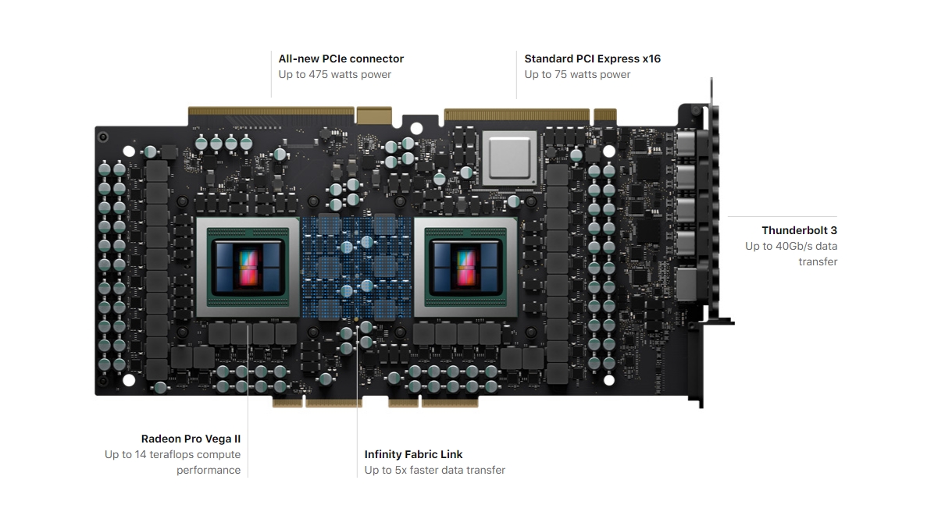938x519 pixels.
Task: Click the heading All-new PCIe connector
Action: [341, 59]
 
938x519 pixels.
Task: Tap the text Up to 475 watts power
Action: [334, 75]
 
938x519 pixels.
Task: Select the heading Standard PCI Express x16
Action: [592, 59]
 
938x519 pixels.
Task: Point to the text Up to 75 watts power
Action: [577, 75]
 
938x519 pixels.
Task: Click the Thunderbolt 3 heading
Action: [799, 230]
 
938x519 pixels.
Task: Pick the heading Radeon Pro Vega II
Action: [191, 439]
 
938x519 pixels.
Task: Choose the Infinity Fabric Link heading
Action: [413, 454]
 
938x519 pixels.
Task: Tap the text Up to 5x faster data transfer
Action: [434, 470]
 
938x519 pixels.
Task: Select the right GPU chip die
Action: [465, 265]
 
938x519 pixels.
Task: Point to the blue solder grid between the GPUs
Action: [356, 265]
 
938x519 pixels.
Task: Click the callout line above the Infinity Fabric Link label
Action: [357, 390]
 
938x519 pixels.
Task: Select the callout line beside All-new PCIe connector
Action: [271, 74]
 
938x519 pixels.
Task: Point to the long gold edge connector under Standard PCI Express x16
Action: [516, 115]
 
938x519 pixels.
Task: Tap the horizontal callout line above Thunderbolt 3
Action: [782, 216]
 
